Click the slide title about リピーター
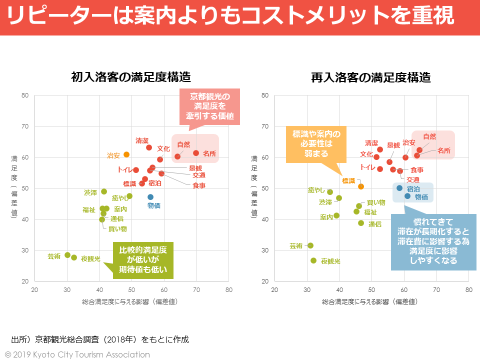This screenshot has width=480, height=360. click(x=231, y=16)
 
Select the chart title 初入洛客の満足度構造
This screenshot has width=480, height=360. click(x=131, y=77)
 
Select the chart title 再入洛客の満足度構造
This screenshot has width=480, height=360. click(x=370, y=77)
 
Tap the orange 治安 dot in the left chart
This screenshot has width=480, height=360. click(x=126, y=154)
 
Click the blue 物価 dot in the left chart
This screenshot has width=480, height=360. click(x=150, y=197)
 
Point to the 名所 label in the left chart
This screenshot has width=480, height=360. click(x=209, y=153)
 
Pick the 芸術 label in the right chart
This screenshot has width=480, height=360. click(x=296, y=245)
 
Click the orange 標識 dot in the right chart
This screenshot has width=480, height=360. click(x=361, y=186)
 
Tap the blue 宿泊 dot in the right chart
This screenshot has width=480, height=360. click(x=399, y=188)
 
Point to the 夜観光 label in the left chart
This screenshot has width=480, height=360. click(x=90, y=258)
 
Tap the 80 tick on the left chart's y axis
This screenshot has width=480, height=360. click(x=25, y=95)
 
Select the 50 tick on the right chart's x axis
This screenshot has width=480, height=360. click(x=371, y=289)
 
